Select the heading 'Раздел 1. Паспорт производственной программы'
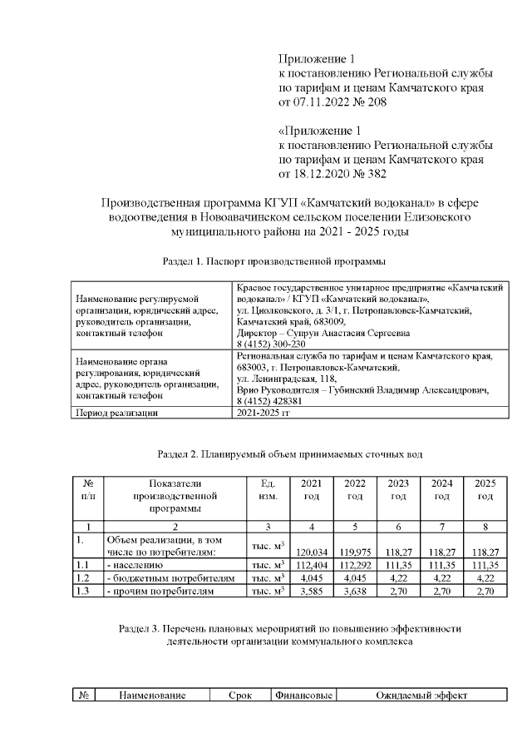(x=273, y=262)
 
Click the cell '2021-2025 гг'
(x=264, y=412)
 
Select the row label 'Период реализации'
(x=116, y=412)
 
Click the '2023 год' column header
(x=398, y=489)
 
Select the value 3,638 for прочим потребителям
(x=355, y=591)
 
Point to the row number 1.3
(x=82, y=591)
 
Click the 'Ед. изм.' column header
(x=268, y=489)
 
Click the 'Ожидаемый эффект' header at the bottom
(x=421, y=695)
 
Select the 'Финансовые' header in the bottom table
(x=303, y=695)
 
